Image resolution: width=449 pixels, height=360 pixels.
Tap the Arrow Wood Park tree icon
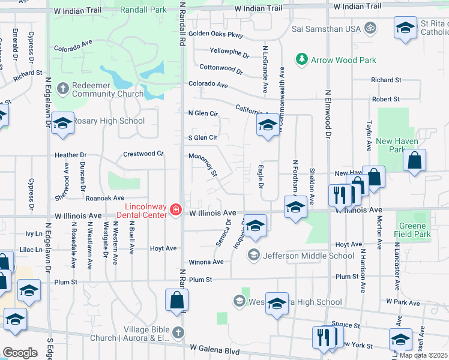coord(301,60)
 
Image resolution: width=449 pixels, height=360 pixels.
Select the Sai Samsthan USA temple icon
coord(370,28)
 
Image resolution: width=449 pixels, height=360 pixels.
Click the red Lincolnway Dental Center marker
coord(176,209)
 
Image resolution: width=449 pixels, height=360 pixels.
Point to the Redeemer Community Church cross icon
coord(61,89)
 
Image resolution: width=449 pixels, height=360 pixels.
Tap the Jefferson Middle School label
coord(308,256)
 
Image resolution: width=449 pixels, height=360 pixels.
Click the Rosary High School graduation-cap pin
coord(62,124)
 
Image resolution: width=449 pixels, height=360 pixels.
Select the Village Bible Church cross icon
coord(178,332)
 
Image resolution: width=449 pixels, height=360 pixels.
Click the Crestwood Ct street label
coord(143,154)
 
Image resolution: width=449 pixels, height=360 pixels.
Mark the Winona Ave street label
coord(206,262)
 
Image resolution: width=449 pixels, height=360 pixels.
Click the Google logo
coord(20,353)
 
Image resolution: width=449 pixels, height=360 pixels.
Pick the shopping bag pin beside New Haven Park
coord(414,161)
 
